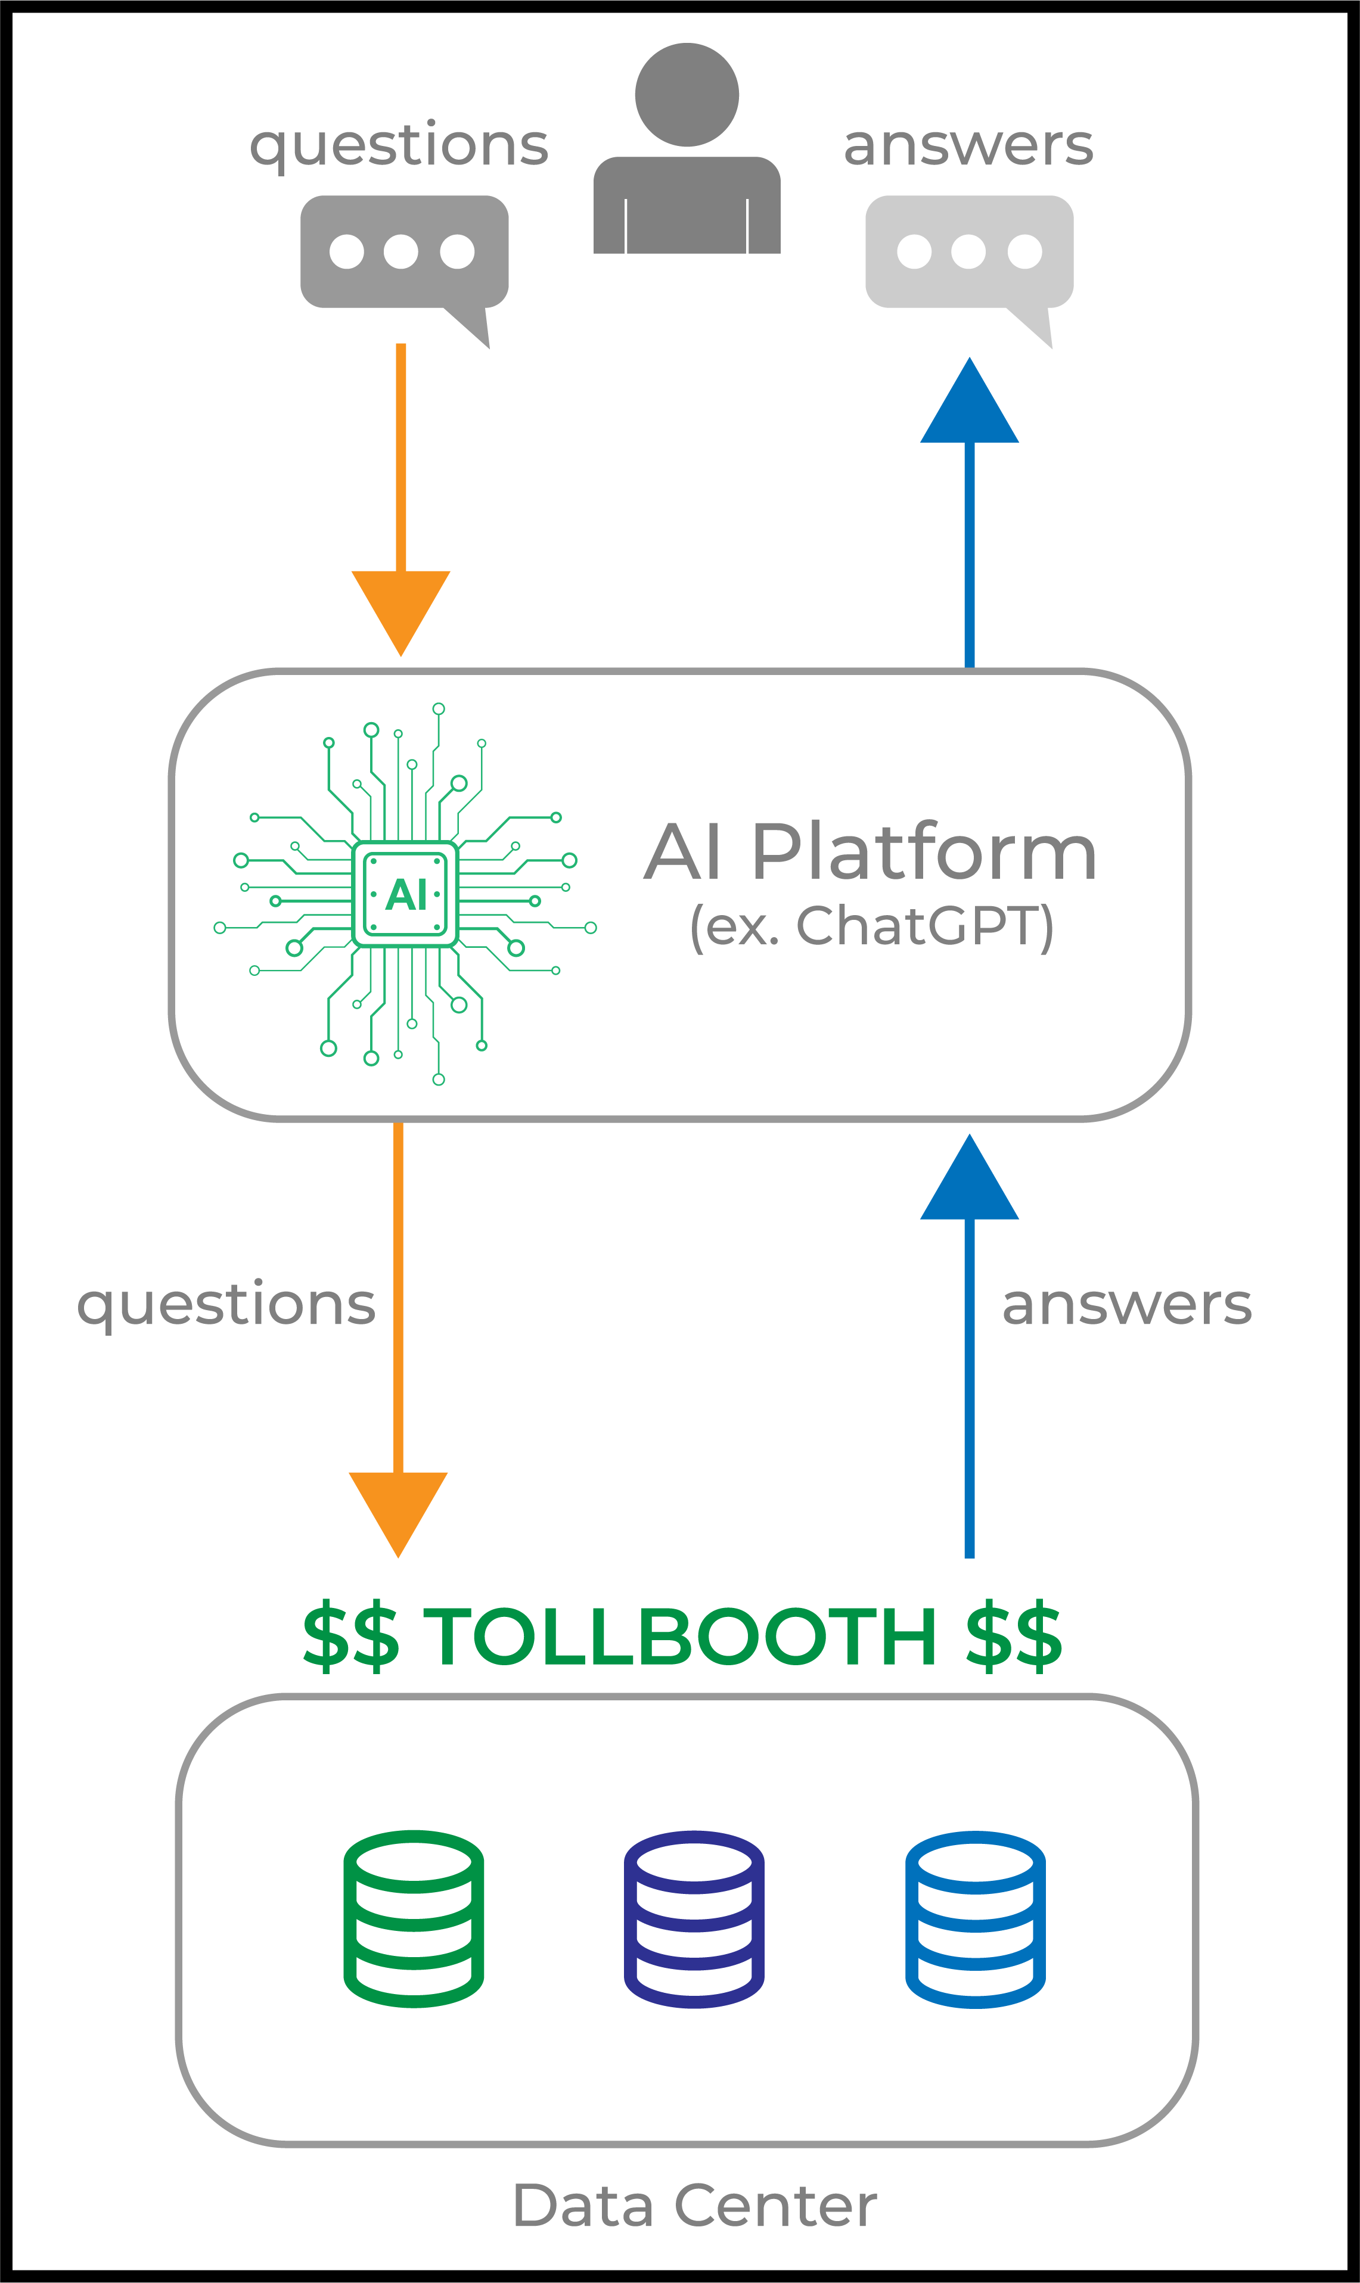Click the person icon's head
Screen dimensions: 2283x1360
coord(687,94)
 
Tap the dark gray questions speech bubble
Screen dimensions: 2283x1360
coord(403,252)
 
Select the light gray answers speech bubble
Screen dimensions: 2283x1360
coord(968,252)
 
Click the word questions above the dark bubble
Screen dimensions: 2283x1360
coord(399,145)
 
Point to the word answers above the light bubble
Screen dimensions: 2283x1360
coord(968,145)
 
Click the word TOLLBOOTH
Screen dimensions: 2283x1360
coord(679,1636)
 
